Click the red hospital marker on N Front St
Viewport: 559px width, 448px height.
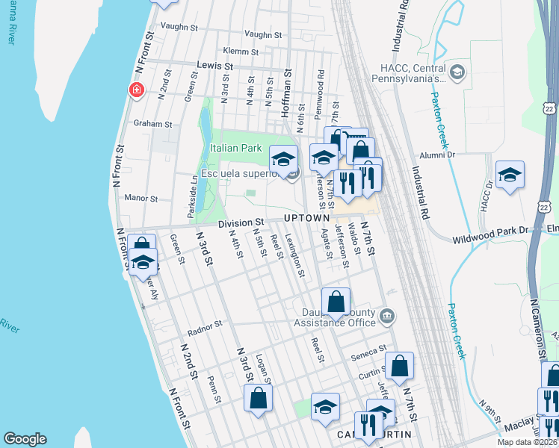136,90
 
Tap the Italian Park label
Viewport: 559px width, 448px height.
235,149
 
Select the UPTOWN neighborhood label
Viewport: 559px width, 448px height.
306,217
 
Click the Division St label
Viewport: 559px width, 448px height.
241,223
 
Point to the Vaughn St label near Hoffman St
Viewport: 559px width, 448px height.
262,34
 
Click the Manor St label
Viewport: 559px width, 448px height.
141,199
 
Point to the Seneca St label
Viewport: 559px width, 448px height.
371,349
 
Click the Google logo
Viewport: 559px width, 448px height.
25,439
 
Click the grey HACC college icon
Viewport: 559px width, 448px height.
457,72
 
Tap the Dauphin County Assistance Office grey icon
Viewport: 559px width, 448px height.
387,316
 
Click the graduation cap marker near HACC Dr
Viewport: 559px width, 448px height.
510,175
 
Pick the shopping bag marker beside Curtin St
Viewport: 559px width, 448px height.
399,365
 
